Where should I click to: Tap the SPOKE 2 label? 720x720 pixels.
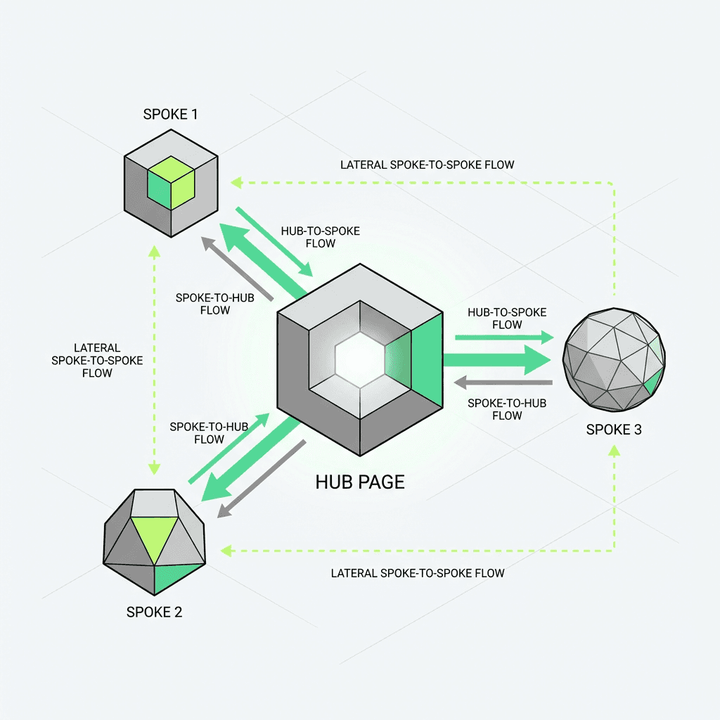pyautogui.click(x=154, y=612)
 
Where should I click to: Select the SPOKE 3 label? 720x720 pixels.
pyautogui.click(x=614, y=429)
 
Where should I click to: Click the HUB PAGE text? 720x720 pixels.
pyautogui.click(x=360, y=482)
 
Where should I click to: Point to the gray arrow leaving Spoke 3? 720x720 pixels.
pyautogui.click(x=502, y=383)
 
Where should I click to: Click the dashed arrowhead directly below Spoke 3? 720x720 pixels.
pyautogui.click(x=614, y=451)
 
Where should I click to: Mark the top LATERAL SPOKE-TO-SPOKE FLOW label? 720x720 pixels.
pyautogui.click(x=427, y=165)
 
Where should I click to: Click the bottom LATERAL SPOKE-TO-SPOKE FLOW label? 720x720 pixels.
pyautogui.click(x=418, y=573)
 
